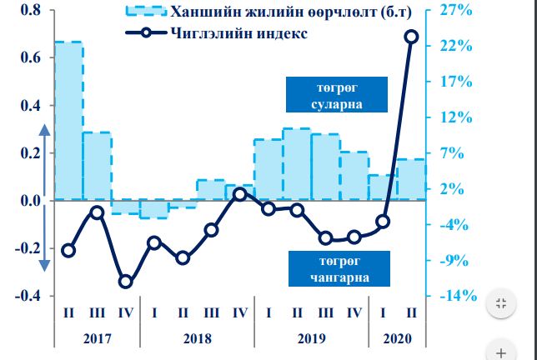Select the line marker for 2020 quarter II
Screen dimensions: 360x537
(x=411, y=37)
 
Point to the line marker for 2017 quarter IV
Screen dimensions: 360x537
(x=125, y=282)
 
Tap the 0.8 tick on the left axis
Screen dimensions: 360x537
(x=30, y=10)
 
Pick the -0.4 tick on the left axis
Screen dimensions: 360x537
(x=28, y=296)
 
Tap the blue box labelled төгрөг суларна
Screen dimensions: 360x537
(x=336, y=96)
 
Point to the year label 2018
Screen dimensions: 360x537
(x=197, y=339)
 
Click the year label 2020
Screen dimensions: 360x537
(x=397, y=339)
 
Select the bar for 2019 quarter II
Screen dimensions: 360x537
(x=296, y=164)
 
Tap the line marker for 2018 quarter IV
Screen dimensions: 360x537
(x=239, y=194)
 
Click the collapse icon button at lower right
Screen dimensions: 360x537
(x=501, y=303)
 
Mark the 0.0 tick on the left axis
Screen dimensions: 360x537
(x=30, y=201)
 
